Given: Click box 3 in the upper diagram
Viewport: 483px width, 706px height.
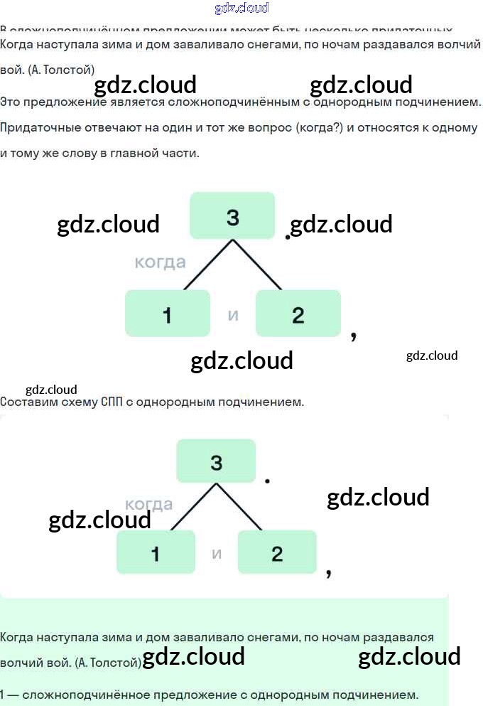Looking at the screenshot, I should (x=232, y=215).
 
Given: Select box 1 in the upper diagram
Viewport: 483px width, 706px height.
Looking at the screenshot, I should (x=167, y=314).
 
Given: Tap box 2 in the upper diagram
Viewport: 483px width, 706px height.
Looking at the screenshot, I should (x=298, y=314).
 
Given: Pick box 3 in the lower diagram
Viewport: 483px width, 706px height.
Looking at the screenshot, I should (x=216, y=462).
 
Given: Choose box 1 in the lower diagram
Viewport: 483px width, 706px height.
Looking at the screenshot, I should (x=156, y=552).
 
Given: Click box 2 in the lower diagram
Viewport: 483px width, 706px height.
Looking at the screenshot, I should (x=277, y=552).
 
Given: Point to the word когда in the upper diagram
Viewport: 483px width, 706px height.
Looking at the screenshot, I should (x=160, y=262).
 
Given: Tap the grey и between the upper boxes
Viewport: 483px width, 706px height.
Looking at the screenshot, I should (x=233, y=314).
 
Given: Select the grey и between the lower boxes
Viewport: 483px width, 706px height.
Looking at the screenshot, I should (x=217, y=553).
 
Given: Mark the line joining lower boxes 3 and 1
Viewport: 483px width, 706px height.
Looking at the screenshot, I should (x=193, y=507).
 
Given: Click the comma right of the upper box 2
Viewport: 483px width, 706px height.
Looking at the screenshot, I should (x=353, y=334).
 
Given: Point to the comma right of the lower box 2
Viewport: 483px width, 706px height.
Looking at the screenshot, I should (x=328, y=572).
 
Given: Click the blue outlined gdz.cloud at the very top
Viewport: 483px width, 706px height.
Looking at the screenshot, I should (x=241, y=9).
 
